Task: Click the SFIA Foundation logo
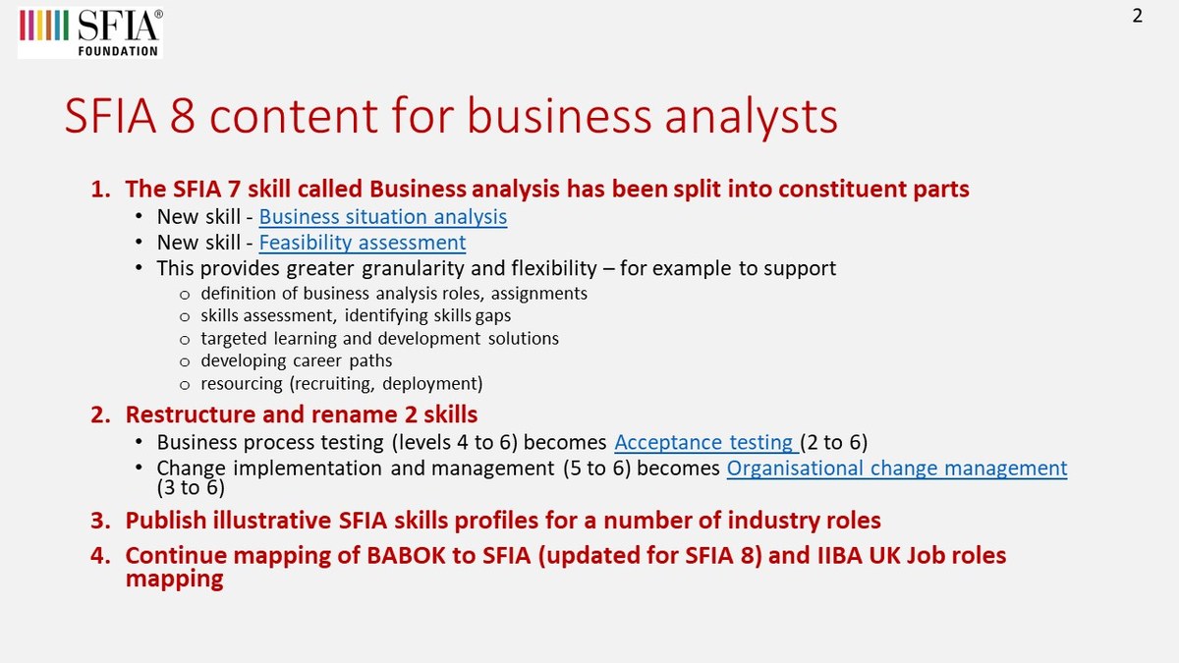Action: pos(90,30)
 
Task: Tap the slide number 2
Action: pos(1138,16)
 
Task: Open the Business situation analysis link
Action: pos(383,216)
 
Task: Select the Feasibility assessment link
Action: pos(363,242)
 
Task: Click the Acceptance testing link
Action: pos(704,442)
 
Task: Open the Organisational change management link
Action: pos(896,468)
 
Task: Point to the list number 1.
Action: pos(101,190)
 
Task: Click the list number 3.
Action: pos(101,521)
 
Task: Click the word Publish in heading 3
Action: pos(162,521)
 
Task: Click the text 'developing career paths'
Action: pos(296,360)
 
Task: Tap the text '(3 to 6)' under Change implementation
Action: pos(191,487)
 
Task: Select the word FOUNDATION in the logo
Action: pos(118,50)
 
